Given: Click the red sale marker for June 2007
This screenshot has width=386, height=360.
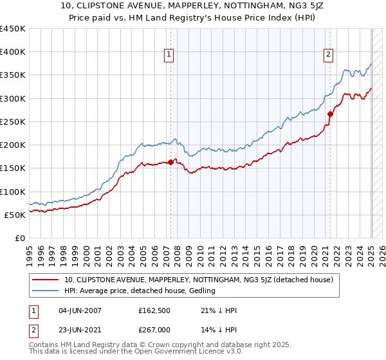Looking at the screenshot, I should point(170,163).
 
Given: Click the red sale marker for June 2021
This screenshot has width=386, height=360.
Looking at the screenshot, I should point(330,114).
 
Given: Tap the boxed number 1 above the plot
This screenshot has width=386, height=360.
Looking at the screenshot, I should point(169,55).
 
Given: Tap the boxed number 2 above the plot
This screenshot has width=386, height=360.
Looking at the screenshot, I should point(328,55).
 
